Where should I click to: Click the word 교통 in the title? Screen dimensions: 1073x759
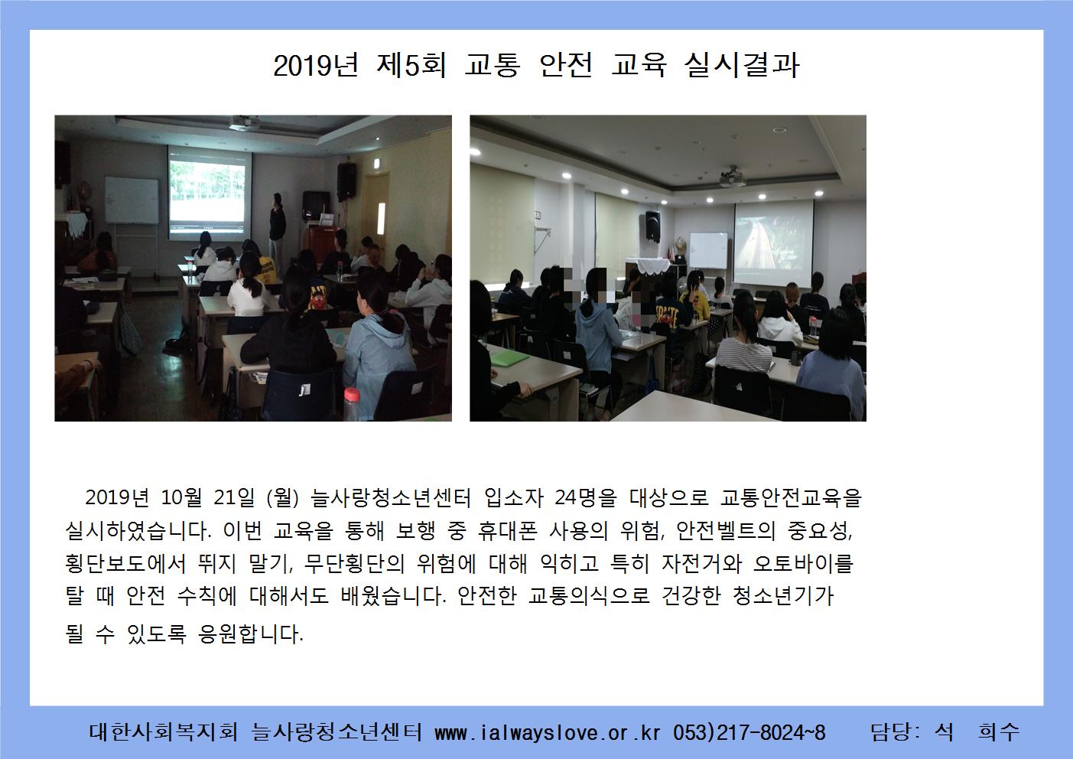(x=493, y=65)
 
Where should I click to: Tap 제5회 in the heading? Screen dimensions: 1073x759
(x=411, y=65)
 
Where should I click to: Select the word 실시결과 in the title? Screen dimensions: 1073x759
(x=742, y=65)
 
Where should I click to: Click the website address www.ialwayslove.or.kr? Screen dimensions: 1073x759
(x=548, y=733)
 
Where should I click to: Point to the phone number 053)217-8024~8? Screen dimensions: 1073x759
(x=749, y=733)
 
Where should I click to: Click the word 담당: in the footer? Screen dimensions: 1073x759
(x=895, y=733)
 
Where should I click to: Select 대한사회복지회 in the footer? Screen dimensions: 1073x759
(x=164, y=733)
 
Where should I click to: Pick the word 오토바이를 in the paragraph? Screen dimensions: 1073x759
(x=803, y=563)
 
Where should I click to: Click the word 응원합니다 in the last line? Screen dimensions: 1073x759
(x=250, y=634)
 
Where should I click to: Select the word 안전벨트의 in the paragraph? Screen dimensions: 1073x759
(x=726, y=531)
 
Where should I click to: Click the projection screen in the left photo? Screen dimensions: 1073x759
(x=210, y=193)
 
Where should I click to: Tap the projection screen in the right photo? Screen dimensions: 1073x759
(x=773, y=244)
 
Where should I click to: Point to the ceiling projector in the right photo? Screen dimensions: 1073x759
(x=733, y=178)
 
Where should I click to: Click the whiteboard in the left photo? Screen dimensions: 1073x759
(x=132, y=200)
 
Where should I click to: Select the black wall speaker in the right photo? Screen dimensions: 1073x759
(x=652, y=225)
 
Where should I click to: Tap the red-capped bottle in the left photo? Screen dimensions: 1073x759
(x=352, y=404)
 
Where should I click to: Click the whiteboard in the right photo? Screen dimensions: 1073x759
(x=708, y=250)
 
